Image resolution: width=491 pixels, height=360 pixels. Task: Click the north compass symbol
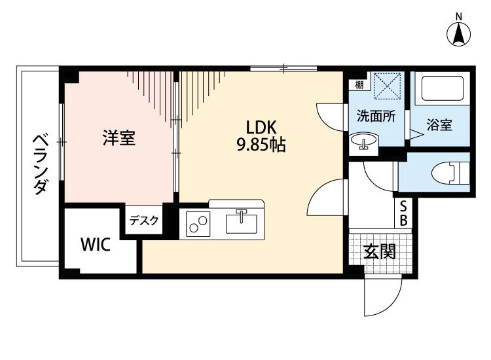[x=460, y=35]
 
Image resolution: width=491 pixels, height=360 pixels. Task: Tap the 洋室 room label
[x=118, y=138]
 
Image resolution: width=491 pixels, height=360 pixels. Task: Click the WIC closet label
[x=96, y=245]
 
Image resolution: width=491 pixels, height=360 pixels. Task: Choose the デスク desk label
[x=144, y=221]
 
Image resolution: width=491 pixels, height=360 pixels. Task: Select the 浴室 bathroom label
[x=439, y=126]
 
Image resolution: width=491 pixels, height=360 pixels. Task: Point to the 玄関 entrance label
[x=380, y=251]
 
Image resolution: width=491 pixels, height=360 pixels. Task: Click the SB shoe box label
[x=404, y=214]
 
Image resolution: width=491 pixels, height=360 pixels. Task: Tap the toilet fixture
[x=448, y=173]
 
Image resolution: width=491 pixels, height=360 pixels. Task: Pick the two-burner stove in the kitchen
[x=197, y=224]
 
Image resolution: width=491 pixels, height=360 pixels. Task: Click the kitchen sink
[x=242, y=223]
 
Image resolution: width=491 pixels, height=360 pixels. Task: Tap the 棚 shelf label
[x=359, y=84]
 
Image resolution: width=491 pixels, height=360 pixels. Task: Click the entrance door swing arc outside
[x=380, y=298]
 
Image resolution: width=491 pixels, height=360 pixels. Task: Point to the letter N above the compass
[x=460, y=16]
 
